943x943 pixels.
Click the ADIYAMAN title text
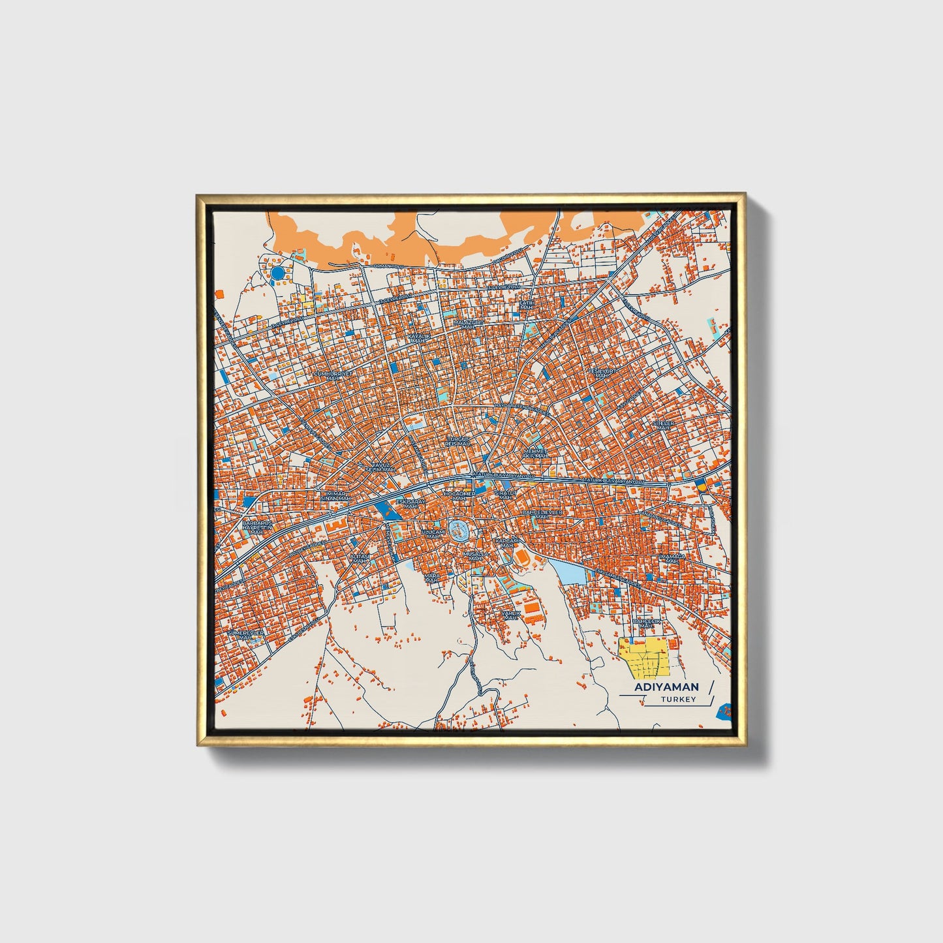[666, 687]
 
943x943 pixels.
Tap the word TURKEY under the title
[678, 699]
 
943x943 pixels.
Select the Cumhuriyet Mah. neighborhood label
[333, 376]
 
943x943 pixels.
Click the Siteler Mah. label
[663, 425]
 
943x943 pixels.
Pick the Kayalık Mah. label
[418, 338]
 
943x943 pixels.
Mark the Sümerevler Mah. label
[245, 635]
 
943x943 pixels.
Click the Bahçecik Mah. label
[647, 624]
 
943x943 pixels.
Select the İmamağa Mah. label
[670, 559]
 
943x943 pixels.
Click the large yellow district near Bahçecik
[644, 658]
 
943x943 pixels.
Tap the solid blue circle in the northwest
[278, 272]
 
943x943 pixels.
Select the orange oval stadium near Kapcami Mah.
[522, 556]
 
